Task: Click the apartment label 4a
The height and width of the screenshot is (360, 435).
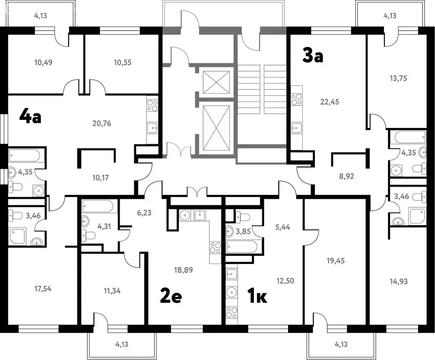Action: (x=30, y=117)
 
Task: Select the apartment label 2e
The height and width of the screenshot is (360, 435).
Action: (x=171, y=296)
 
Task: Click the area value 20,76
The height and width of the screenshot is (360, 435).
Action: (x=101, y=123)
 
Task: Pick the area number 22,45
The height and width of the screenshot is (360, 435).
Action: (x=329, y=102)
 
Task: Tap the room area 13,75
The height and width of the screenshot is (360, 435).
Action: (x=398, y=78)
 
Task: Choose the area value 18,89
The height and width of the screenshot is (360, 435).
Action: (x=183, y=270)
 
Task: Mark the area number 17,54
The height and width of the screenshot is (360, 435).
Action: (x=43, y=289)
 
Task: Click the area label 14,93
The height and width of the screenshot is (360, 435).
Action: (x=399, y=282)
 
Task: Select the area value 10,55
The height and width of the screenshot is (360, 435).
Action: (x=122, y=62)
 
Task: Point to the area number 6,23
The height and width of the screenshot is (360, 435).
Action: (x=144, y=213)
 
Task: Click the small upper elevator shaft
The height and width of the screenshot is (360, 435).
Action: (x=216, y=82)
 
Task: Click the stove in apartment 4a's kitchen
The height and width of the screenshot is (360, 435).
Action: (x=153, y=105)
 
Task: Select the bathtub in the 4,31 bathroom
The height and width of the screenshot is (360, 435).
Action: (x=98, y=206)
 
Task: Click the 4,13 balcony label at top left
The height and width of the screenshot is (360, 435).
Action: (x=40, y=15)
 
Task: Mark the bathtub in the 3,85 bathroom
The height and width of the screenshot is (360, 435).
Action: (x=242, y=247)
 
